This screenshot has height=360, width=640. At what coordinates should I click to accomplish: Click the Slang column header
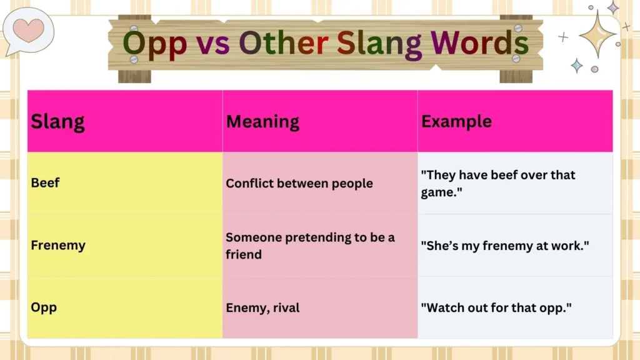57,121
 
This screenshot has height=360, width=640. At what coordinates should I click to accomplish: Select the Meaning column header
262,121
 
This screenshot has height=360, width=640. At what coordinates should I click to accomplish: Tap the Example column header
456,121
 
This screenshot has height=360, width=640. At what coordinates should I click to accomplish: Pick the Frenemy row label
58,245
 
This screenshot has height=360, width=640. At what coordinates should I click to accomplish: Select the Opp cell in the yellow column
44,307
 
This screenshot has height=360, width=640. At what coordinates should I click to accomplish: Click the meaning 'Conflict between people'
299,183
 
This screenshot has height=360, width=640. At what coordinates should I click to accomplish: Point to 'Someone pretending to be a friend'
310,246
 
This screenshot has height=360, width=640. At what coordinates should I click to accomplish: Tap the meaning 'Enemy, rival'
262,307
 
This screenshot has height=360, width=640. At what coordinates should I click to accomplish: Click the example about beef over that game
497,183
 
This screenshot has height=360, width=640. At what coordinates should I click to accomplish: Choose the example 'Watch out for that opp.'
497,307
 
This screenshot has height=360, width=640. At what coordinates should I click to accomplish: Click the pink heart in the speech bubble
29,29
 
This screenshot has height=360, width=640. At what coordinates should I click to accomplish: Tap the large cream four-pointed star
597,34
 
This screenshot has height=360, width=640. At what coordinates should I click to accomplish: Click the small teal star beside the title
576,66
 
